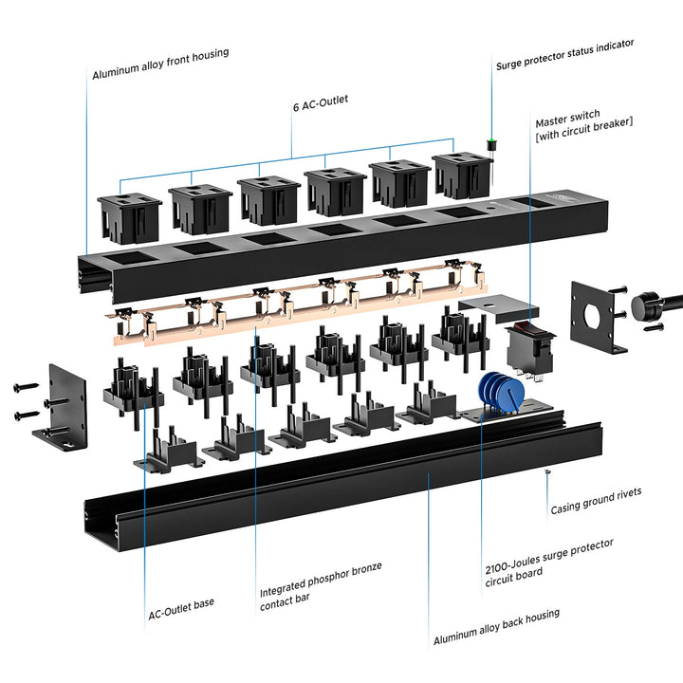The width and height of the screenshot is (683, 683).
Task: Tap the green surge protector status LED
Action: point(491,140)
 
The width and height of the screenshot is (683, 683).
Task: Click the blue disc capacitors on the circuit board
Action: point(501,392)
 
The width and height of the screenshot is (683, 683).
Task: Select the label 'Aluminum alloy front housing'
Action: point(160,65)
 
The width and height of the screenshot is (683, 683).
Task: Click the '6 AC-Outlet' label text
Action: point(321,103)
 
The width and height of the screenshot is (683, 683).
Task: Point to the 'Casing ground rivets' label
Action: point(596,501)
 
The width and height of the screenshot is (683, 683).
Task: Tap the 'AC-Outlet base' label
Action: point(181,608)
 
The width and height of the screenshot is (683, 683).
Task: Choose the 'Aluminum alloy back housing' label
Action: point(496,627)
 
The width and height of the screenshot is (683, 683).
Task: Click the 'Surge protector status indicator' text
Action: point(565,54)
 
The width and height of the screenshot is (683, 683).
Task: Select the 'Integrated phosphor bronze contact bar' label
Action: point(321,586)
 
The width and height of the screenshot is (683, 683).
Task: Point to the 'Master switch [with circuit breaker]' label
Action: point(583,125)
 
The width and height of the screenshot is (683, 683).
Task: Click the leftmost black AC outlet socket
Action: point(129,218)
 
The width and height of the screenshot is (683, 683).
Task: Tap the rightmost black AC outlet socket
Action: point(463,175)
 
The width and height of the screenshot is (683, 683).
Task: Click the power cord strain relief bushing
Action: point(644,306)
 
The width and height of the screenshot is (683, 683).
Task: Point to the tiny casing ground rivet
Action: point(547,472)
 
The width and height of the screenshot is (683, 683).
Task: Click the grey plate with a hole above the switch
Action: point(499,307)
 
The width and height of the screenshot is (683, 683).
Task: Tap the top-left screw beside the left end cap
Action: point(26,386)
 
